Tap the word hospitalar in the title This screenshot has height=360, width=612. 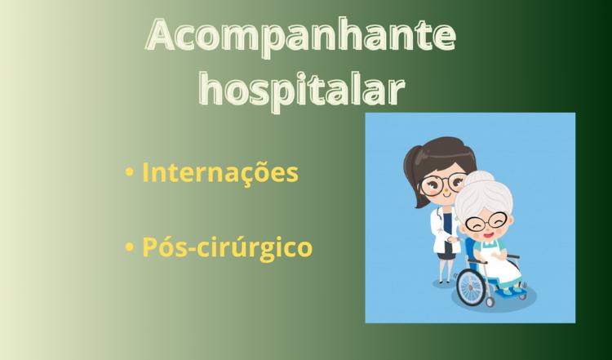click(301, 90)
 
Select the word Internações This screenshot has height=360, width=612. click(220, 172)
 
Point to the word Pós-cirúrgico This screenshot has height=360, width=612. click(227, 248)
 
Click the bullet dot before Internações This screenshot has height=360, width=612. click(129, 173)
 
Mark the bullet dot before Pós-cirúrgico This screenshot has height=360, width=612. click(129, 247)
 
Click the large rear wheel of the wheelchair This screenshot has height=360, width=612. click(471, 287)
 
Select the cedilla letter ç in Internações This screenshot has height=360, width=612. click(245, 176)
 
